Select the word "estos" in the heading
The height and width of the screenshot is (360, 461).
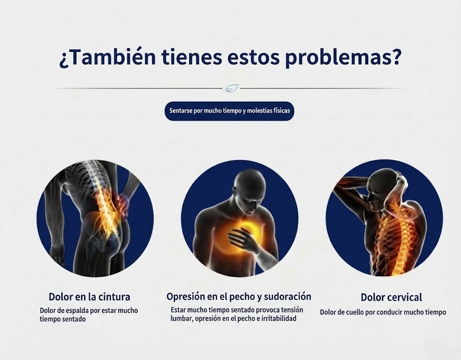[x=253, y=58]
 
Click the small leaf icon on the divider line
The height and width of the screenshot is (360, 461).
[x=232, y=88]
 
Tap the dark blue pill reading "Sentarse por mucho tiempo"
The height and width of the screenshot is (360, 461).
[x=229, y=111]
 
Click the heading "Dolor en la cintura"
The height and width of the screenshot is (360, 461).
[x=90, y=297]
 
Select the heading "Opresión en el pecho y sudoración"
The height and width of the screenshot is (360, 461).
[x=239, y=297]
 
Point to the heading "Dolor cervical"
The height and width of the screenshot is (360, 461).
[x=391, y=297]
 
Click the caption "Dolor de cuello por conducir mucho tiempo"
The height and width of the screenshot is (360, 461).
[x=383, y=312]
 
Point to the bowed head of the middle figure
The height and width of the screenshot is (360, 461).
[x=249, y=188]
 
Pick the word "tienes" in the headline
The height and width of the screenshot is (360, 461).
[x=192, y=57]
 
